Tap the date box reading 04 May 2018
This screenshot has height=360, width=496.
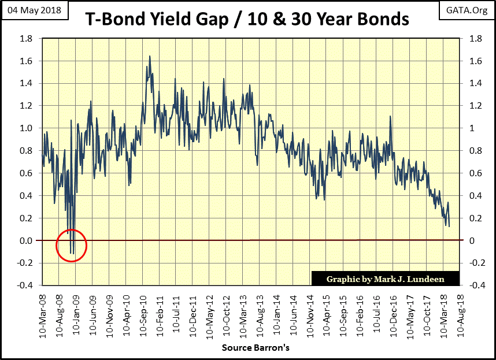click(x=33, y=10)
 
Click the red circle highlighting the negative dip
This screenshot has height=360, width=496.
click(x=72, y=246)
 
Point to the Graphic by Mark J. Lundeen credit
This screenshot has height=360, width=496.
click(x=385, y=279)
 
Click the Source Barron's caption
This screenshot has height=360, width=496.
click(x=255, y=348)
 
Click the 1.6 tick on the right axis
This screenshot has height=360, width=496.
click(x=471, y=61)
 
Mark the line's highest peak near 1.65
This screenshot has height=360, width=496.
click(x=150, y=56)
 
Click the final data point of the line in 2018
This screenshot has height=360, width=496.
click(x=449, y=226)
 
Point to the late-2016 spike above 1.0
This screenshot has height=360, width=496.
click(x=390, y=117)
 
